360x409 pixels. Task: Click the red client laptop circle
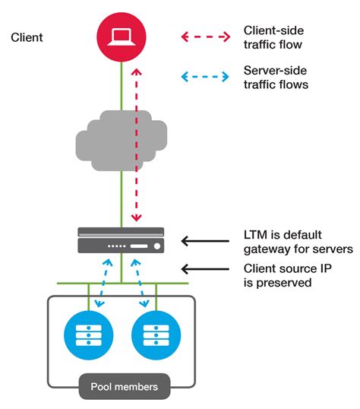(x=122, y=38)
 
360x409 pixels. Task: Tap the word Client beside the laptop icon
(x=27, y=36)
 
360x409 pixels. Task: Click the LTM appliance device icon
(x=122, y=240)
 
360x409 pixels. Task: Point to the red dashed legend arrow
(x=204, y=36)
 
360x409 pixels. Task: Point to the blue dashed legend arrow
(x=204, y=77)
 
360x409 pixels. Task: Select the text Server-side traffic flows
(x=275, y=77)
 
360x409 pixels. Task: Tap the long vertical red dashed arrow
(x=136, y=144)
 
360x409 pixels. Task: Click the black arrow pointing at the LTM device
(x=204, y=242)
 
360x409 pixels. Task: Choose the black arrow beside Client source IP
(x=204, y=269)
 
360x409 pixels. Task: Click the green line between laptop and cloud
(x=122, y=87)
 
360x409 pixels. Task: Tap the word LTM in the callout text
(x=255, y=236)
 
